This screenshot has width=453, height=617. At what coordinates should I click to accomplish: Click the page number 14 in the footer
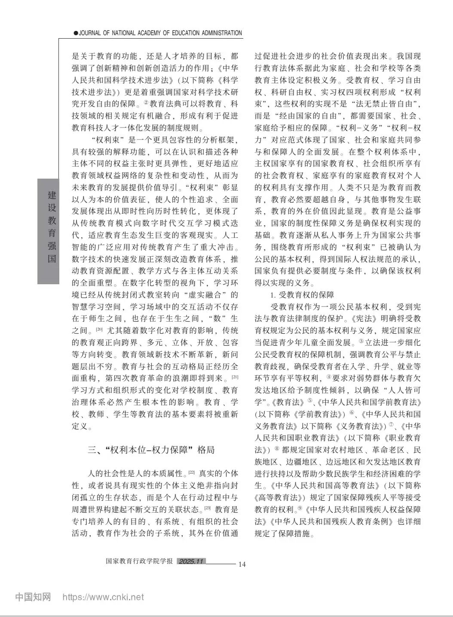[242, 564]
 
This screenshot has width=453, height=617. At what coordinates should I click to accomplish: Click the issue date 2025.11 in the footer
[192, 562]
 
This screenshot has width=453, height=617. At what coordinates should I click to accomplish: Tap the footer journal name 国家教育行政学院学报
[139, 562]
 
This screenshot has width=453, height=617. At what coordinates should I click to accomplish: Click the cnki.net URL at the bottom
[104, 597]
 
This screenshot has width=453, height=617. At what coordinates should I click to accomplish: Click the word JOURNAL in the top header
[91, 33]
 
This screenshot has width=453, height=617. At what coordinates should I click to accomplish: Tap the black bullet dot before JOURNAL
[76, 33]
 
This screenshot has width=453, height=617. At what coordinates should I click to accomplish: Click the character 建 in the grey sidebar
[52, 195]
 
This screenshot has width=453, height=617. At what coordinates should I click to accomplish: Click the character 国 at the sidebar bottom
[52, 259]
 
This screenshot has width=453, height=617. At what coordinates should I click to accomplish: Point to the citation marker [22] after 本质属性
[192, 473]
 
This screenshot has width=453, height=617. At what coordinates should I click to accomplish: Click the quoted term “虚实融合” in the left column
[205, 295]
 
